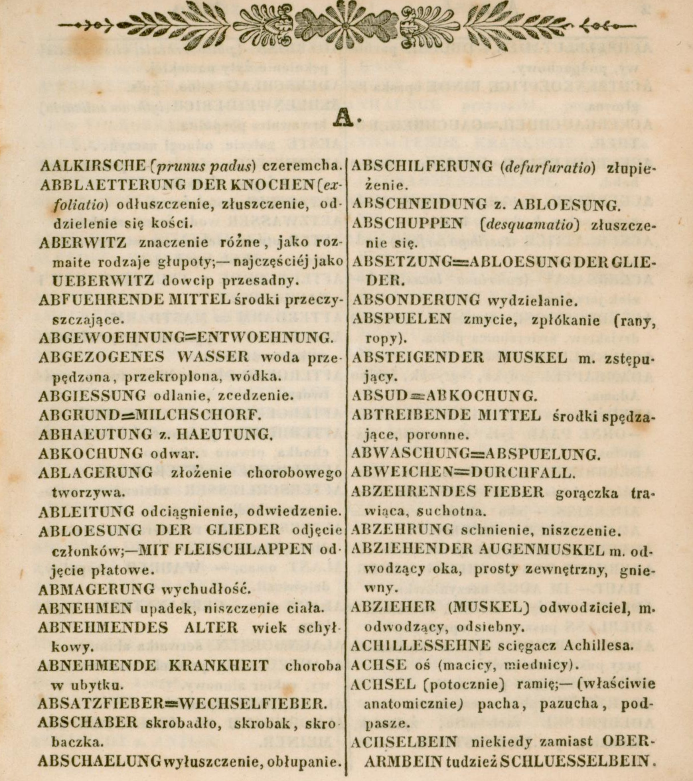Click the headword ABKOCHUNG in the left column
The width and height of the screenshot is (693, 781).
90,454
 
